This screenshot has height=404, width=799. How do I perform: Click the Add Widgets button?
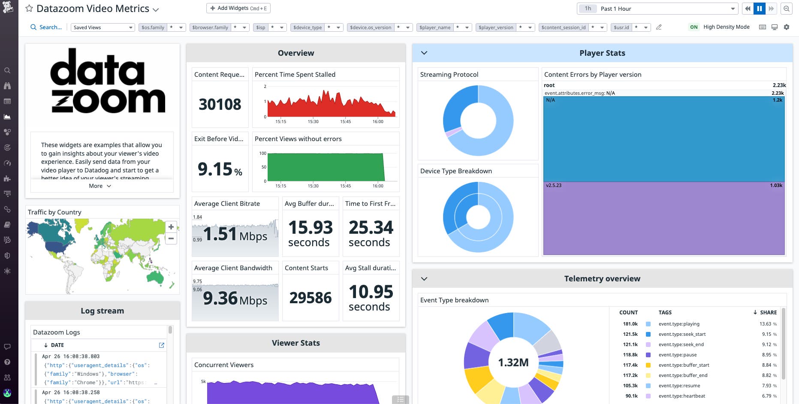point(238,8)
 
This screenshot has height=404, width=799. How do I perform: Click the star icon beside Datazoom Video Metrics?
point(29,9)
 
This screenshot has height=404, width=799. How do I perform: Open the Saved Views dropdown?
point(103,27)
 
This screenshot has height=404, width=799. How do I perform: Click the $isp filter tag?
point(260,27)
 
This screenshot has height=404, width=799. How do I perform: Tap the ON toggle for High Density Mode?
point(693,27)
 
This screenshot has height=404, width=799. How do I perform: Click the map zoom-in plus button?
point(171,227)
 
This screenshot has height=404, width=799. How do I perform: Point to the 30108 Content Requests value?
point(220,104)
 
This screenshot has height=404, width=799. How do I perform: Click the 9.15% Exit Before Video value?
point(220,169)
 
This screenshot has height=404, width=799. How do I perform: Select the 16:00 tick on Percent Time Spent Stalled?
point(378,121)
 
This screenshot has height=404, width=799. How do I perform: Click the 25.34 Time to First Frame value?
point(371,227)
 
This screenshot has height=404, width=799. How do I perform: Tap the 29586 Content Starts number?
point(311,298)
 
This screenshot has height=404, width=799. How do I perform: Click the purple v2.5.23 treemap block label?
point(554,186)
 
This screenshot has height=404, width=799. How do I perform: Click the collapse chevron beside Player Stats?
point(424,53)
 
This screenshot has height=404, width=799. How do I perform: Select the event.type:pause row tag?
point(678,355)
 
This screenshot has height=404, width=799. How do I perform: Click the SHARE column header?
point(768,312)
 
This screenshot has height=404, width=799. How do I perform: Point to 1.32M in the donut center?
point(513,362)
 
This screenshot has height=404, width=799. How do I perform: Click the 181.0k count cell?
point(630,324)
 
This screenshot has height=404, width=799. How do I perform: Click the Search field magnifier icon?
point(33,27)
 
